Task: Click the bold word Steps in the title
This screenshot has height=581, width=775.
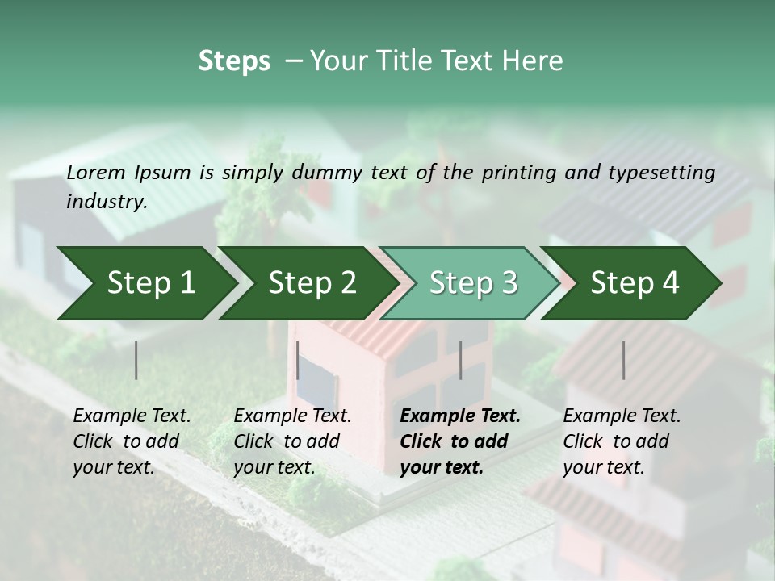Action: coord(234,61)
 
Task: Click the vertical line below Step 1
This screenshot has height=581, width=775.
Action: coord(136,360)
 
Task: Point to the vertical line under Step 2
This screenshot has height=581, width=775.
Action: coord(298,360)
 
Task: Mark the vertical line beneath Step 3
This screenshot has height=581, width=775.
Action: coord(460,360)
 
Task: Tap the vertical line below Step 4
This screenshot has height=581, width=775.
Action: coord(623,360)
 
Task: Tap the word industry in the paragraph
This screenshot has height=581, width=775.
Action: coord(107,202)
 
